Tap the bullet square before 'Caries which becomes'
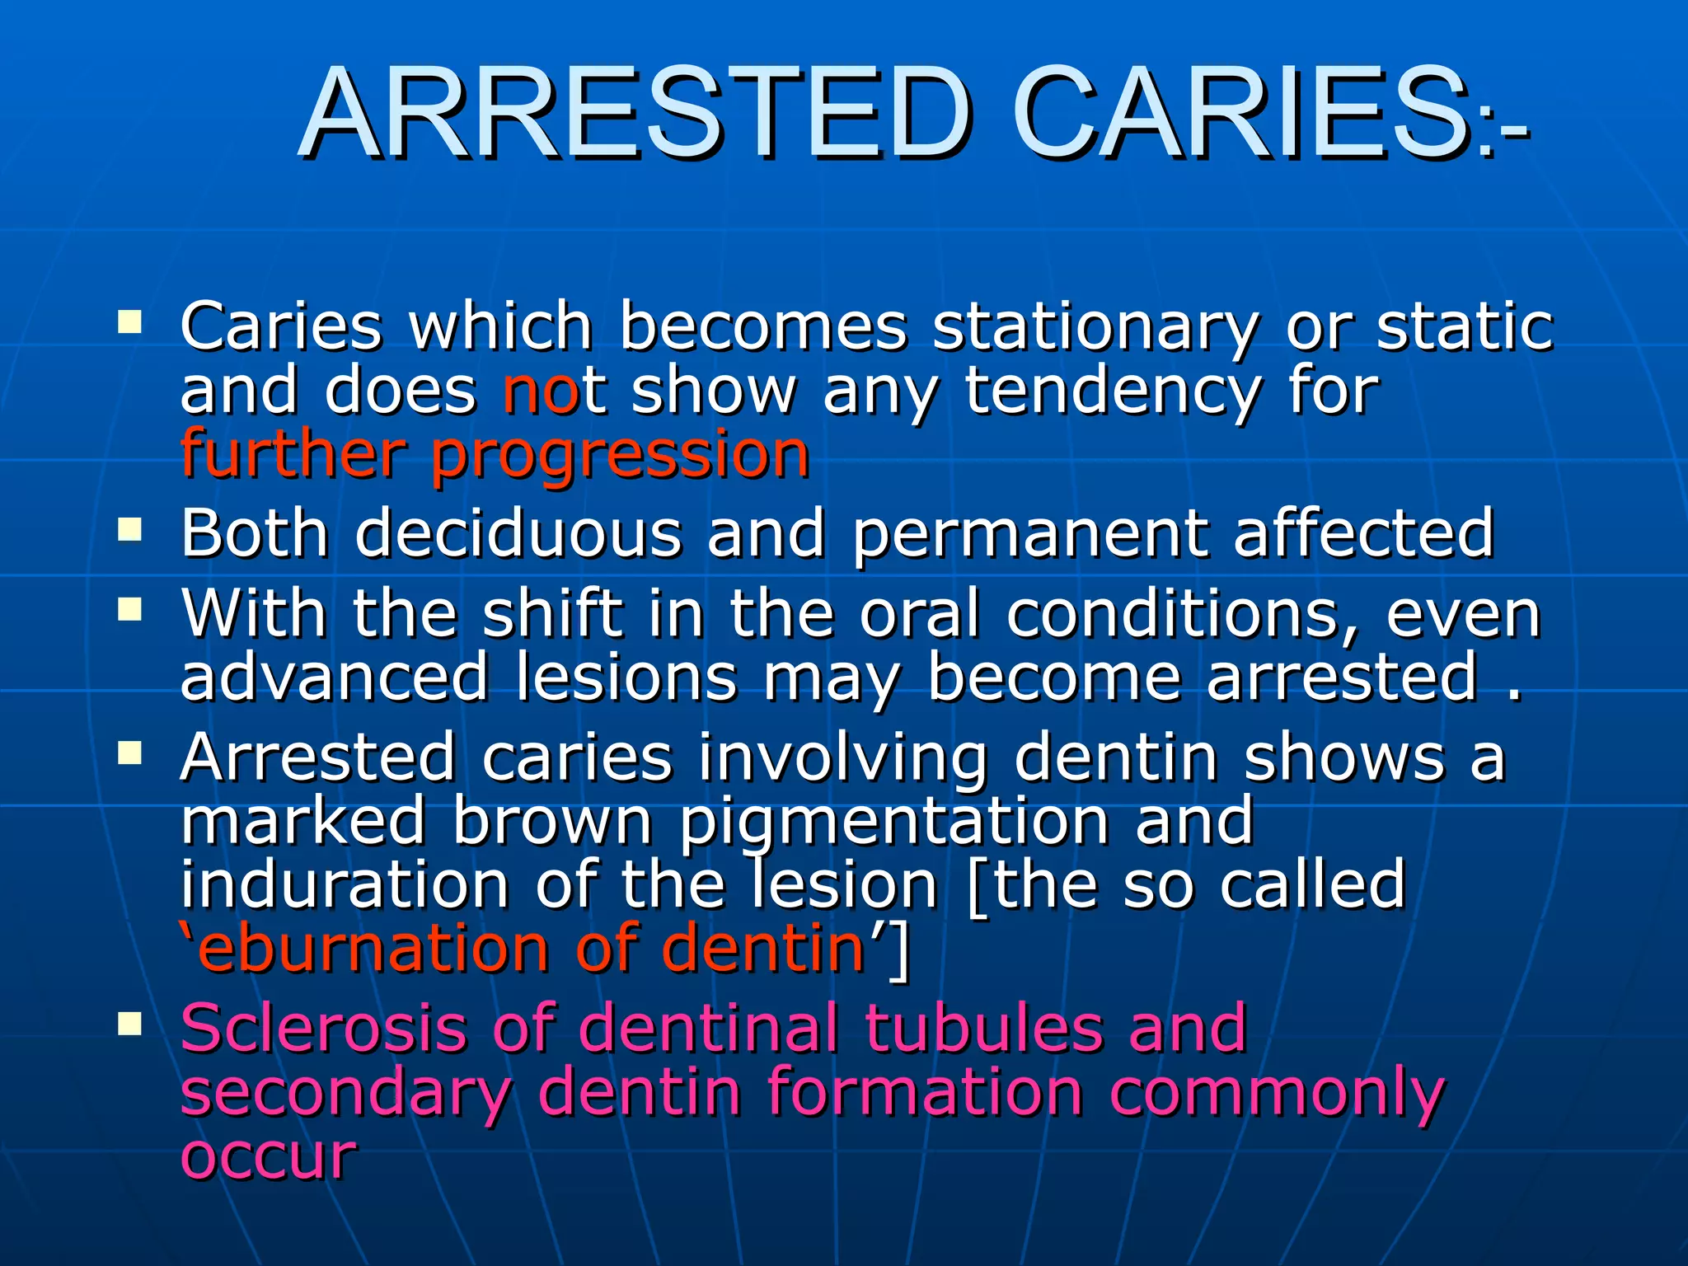(129, 321)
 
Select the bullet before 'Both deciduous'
(129, 528)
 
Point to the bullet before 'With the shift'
(129, 610)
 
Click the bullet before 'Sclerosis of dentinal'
(129, 1025)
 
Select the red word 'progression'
(620, 456)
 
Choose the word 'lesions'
(626, 678)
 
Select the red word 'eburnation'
(372, 949)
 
